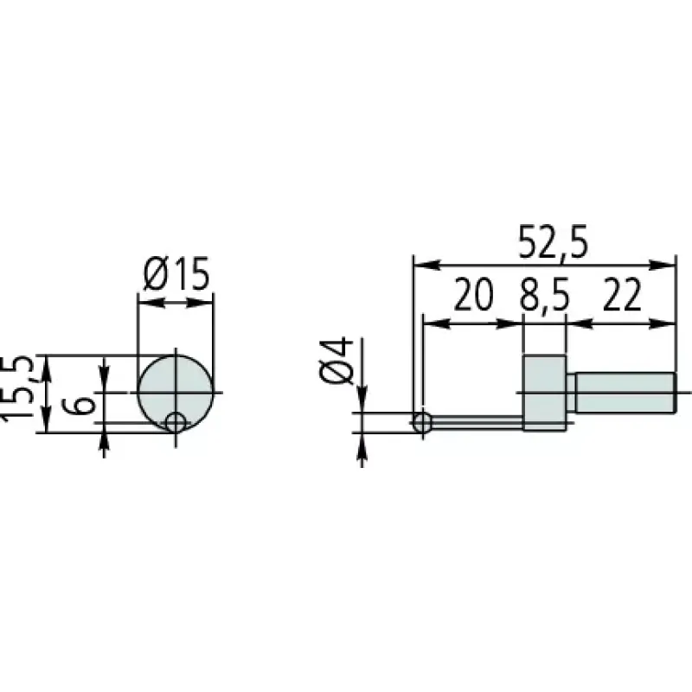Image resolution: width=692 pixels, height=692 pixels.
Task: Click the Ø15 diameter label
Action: [176, 274]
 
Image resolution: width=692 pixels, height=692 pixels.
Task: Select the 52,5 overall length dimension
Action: [553, 242]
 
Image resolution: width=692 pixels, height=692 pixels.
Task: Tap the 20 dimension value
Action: [473, 294]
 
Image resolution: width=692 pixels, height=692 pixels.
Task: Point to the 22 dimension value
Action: [621, 294]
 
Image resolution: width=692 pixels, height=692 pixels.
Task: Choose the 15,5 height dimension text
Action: [17, 388]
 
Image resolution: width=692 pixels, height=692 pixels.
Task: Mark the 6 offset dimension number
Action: [80, 406]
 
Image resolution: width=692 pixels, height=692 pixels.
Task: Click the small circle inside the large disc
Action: [176, 423]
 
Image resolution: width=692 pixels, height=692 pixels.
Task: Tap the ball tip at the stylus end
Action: [422, 423]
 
